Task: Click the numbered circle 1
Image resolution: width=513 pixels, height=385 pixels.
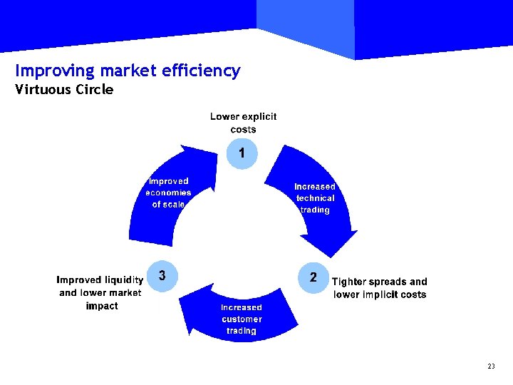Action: pos(242,153)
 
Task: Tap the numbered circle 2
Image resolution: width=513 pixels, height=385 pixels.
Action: pos(313,278)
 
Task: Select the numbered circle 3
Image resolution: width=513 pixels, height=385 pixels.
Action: pos(162,276)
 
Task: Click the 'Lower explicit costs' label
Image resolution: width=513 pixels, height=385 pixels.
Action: pos(243,123)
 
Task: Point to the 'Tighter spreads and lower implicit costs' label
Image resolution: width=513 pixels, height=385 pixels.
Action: pos(380,288)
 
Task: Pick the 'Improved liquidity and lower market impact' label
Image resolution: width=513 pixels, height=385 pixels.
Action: pos(100,292)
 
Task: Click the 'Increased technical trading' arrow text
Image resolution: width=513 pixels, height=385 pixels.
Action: pos(315,198)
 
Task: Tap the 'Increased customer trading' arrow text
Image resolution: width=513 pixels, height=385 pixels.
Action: pos(242,319)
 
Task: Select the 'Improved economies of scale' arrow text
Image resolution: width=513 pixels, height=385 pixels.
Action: pos(168,192)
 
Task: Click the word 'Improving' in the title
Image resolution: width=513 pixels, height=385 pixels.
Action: pos(55,71)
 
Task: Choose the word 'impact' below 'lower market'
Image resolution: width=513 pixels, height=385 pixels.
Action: pos(102,306)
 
